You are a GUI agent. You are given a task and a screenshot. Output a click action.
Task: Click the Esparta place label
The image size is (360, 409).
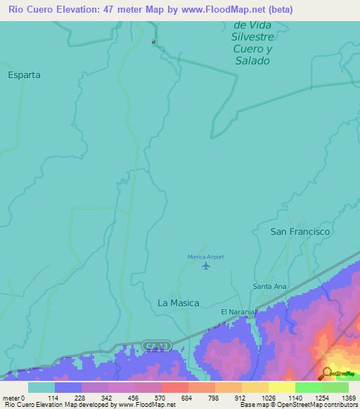[x=24, y=74]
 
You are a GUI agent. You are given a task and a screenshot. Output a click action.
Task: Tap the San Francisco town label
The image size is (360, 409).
[x=300, y=231]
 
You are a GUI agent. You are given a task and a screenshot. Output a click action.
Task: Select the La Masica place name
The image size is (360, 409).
[x=178, y=303]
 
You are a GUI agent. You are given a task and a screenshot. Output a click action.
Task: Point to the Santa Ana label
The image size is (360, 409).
[x=270, y=287]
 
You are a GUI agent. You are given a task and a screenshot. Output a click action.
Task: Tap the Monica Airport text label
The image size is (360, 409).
[x=205, y=257]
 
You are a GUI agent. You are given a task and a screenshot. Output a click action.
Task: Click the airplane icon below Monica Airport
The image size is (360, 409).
[x=205, y=266]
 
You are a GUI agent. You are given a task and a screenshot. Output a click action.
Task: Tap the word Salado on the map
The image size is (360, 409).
[x=251, y=61]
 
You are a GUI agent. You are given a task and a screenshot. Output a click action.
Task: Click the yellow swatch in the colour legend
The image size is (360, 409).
[x=281, y=387]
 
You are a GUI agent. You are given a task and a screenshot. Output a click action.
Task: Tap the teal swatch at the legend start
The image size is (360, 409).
[x=41, y=387]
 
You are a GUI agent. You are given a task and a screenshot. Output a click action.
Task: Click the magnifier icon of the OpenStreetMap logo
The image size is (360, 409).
[x=326, y=372]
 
